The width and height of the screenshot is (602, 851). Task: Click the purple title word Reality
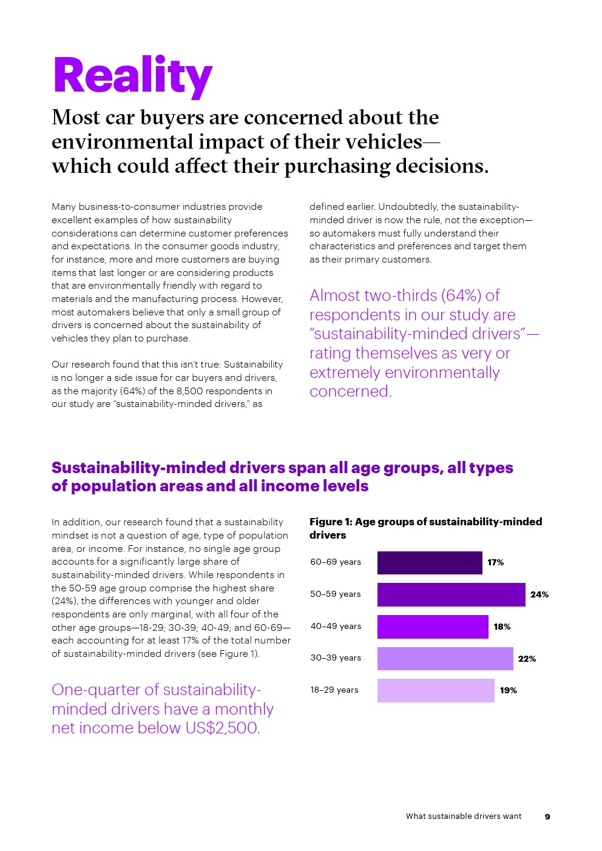(132, 76)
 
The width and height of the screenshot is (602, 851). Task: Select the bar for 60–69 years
(430, 563)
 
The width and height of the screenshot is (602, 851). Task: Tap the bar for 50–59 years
(451, 594)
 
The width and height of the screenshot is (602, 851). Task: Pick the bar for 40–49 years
(433, 627)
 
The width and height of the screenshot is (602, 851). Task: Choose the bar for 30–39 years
(445, 659)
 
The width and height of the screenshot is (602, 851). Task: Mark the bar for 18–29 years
(436, 690)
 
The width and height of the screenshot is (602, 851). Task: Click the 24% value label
(539, 594)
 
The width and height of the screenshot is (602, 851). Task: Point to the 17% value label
(495, 563)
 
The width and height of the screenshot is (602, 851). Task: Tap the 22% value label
(527, 659)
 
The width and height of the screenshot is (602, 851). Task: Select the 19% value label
(508, 690)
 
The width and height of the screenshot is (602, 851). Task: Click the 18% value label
(502, 627)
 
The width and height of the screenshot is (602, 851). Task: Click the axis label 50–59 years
(336, 594)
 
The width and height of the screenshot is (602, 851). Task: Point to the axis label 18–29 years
(334, 690)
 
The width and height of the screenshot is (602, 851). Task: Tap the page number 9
(547, 817)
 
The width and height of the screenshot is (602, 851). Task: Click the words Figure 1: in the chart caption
(331, 522)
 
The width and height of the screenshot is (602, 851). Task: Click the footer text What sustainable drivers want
(464, 816)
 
